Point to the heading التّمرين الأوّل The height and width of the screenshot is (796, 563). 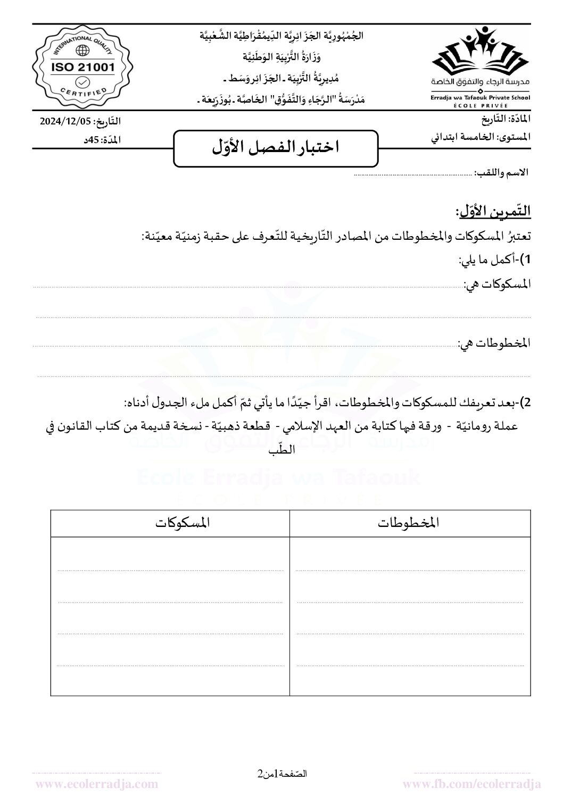click(x=493, y=212)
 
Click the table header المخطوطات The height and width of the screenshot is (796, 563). click(x=409, y=523)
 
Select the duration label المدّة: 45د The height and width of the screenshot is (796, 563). click(x=104, y=140)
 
